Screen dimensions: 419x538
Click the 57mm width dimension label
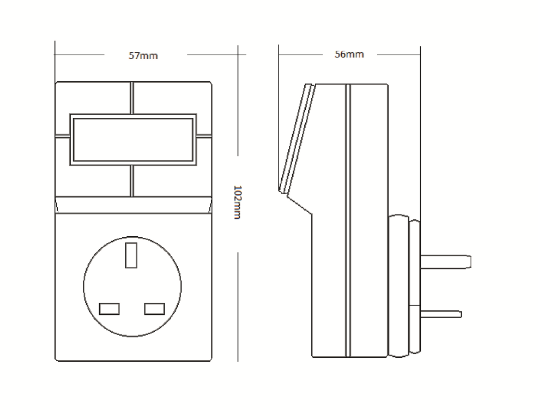pos(143,55)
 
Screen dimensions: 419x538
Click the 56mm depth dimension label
pos(349,54)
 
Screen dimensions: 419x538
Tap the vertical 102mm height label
pos(237,202)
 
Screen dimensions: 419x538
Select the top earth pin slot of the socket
pos(131,255)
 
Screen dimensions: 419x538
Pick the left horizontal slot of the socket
pos(110,308)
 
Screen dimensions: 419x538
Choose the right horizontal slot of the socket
pos(155,308)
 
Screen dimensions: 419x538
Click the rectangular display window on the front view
pos(133,139)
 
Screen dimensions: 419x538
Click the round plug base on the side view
pos(404,286)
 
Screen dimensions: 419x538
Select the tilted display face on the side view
pos(295,139)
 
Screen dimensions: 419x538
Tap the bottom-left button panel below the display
pos(93,180)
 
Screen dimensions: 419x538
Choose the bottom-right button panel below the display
pos(172,180)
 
